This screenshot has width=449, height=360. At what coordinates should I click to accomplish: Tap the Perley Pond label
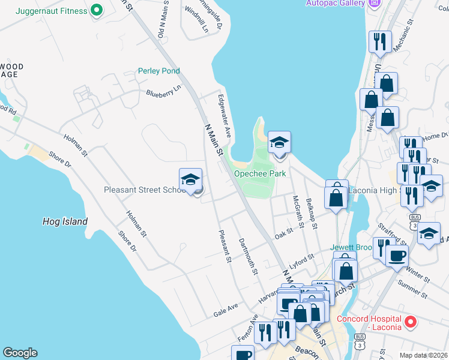click(159, 71)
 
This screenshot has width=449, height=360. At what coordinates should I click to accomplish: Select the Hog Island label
click(65, 221)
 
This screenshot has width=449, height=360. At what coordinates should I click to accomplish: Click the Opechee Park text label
click(259, 173)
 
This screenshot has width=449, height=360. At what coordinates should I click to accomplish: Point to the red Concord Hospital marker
click(411, 322)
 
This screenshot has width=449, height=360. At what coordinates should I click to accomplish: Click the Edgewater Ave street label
click(224, 114)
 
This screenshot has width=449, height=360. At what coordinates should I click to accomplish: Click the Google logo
click(20, 353)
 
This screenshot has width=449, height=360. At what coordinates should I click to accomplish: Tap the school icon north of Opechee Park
click(279, 143)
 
